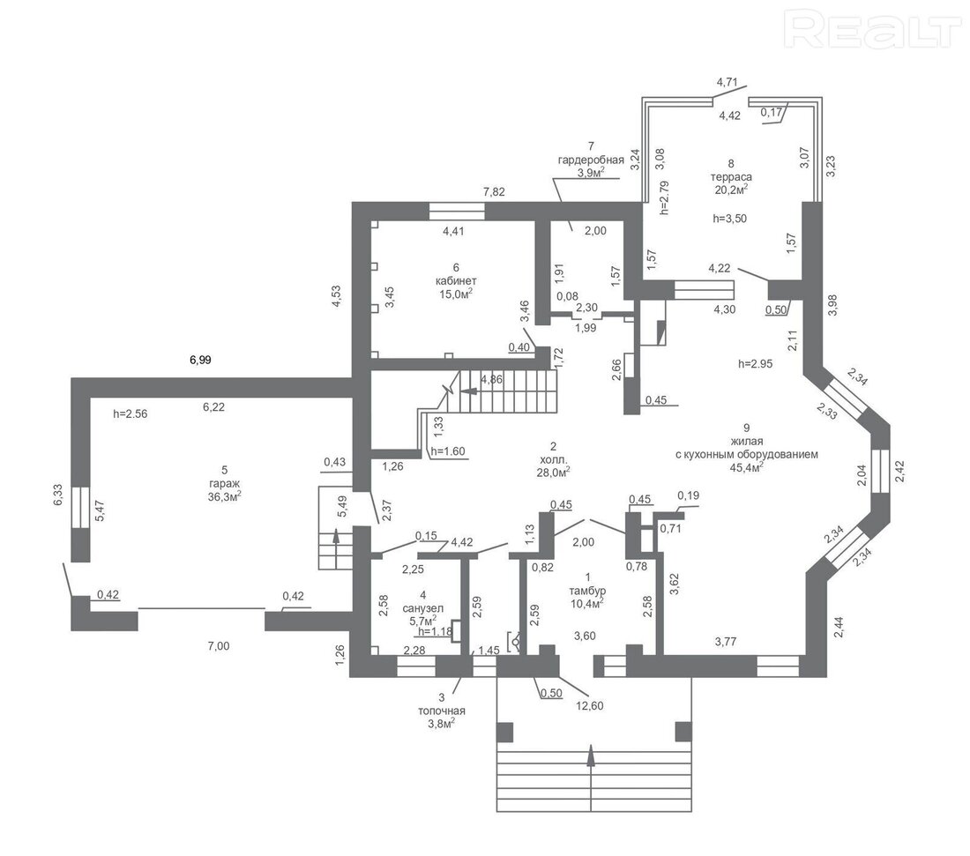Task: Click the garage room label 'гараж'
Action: (225, 483)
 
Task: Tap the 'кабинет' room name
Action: (456, 280)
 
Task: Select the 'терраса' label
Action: (731, 177)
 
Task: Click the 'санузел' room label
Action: (423, 608)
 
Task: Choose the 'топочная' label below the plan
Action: (442, 711)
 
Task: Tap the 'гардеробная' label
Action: (591, 160)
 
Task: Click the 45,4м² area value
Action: (747, 467)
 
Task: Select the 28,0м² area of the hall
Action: (553, 472)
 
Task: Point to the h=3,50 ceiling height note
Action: (730, 219)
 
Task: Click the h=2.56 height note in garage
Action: (131, 414)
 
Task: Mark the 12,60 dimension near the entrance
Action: (589, 706)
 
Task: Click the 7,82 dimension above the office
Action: (494, 191)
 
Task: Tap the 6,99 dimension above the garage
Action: (200, 360)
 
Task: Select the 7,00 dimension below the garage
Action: (219, 646)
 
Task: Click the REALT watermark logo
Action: (872, 29)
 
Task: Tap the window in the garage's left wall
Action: (80, 507)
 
